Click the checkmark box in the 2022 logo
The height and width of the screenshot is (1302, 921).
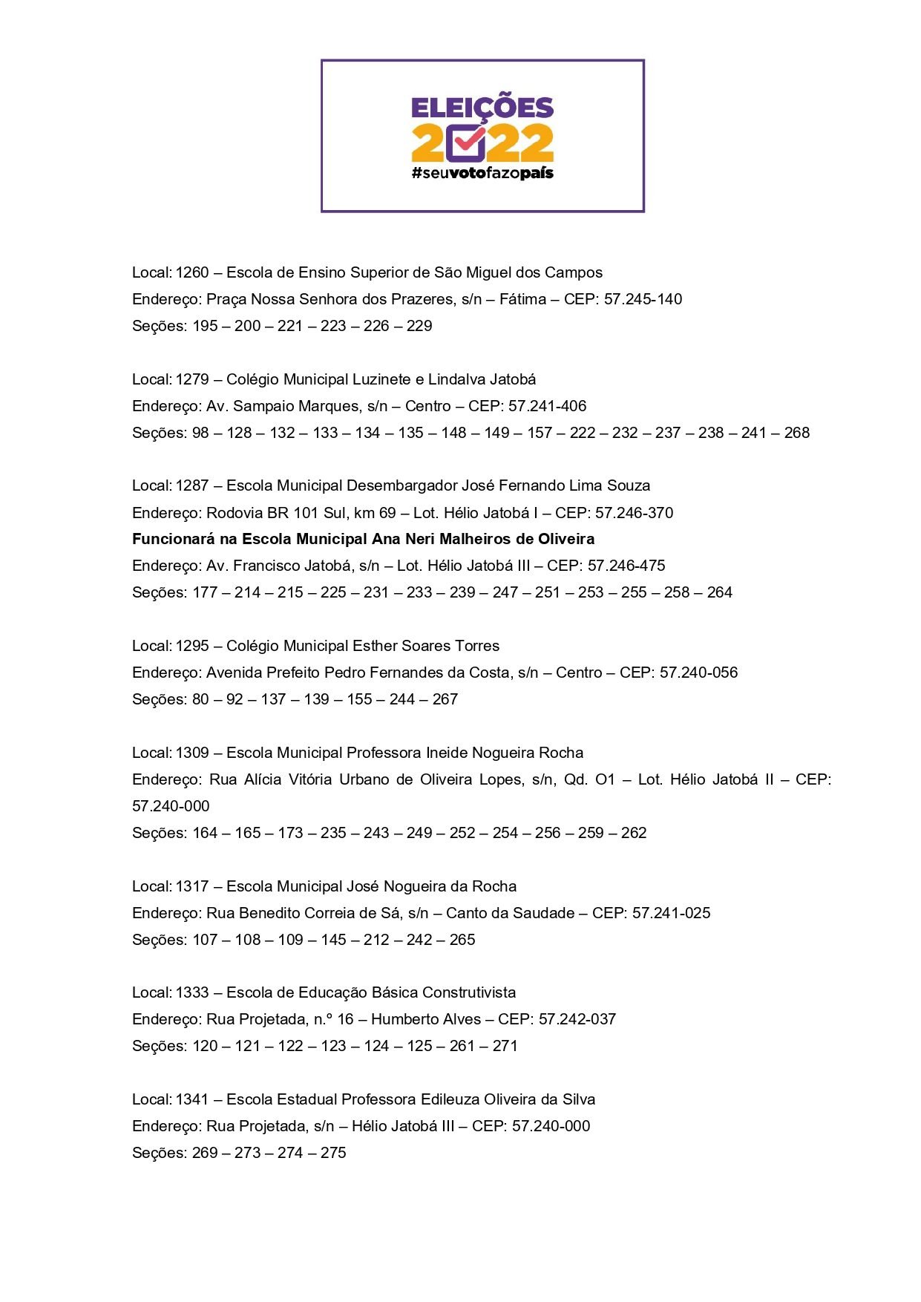click(x=467, y=143)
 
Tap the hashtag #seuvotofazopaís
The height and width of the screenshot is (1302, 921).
click(x=482, y=174)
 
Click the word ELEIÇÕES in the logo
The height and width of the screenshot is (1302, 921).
click(x=482, y=108)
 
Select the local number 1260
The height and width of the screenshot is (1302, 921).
click(x=192, y=272)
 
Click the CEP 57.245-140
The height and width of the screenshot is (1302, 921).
click(x=643, y=299)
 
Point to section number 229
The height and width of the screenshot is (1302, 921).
click(x=419, y=326)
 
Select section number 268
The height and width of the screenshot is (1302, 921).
click(x=796, y=433)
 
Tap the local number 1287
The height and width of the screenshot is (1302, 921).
click(x=192, y=485)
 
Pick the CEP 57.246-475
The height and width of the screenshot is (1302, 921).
click(x=626, y=566)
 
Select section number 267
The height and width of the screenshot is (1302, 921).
click(x=445, y=699)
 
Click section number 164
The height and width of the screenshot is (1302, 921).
click(x=205, y=833)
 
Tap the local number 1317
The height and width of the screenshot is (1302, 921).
click(x=192, y=886)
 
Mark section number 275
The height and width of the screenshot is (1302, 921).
click(x=333, y=1153)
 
